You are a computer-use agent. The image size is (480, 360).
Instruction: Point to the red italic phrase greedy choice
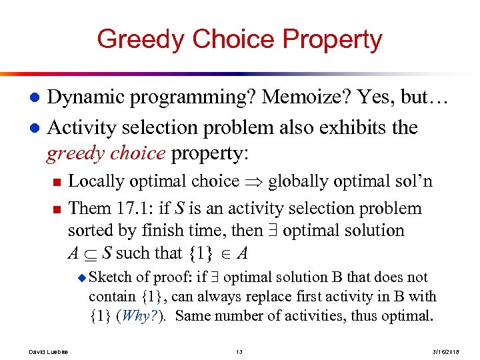(x=105, y=154)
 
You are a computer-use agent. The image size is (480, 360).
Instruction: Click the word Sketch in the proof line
(x=109, y=277)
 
